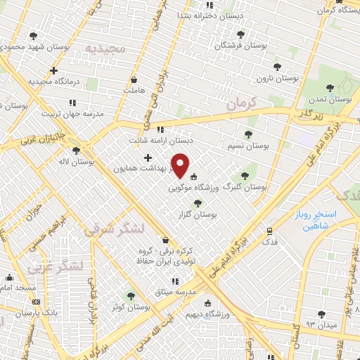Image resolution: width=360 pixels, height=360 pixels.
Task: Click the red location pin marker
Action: tap(181, 165)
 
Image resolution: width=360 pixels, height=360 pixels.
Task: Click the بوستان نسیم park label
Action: tap(249, 145)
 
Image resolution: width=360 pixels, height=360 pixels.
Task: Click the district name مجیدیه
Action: tap(105, 49)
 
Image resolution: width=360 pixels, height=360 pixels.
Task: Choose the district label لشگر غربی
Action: tap(56, 266)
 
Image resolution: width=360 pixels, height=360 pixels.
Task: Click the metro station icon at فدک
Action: tap(269, 231)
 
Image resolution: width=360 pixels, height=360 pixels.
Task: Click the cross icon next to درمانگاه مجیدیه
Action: tap(54, 70)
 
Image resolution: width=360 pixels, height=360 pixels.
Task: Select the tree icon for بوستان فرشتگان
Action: tap(240, 34)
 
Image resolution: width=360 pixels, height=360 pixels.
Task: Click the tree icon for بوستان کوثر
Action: tap(129, 296)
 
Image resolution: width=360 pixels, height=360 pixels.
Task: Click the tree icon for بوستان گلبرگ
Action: tap(245, 176)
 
